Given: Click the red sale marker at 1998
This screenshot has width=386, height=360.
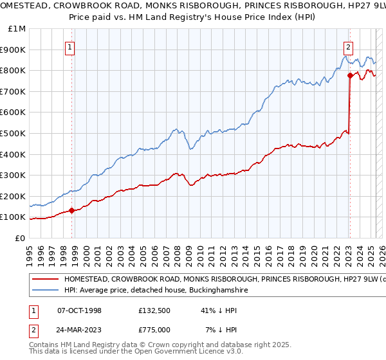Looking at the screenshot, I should (72, 210).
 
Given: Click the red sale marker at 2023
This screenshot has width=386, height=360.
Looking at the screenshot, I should (350, 75).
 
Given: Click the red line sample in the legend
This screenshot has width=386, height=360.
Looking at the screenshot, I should (46, 280).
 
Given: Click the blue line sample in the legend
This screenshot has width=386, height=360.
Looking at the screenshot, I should (46, 291).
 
